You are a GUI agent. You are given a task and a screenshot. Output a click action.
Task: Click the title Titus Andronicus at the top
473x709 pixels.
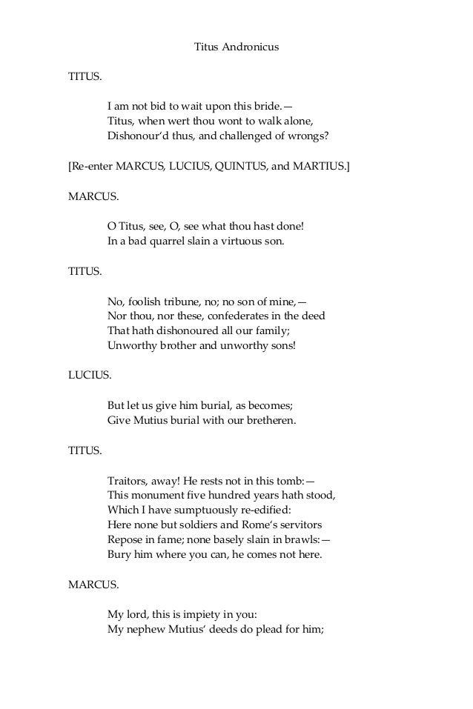236,48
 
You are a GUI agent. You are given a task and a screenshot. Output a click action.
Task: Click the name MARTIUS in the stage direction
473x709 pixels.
321,167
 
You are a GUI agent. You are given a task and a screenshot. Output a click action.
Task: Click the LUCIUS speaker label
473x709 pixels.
90,376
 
